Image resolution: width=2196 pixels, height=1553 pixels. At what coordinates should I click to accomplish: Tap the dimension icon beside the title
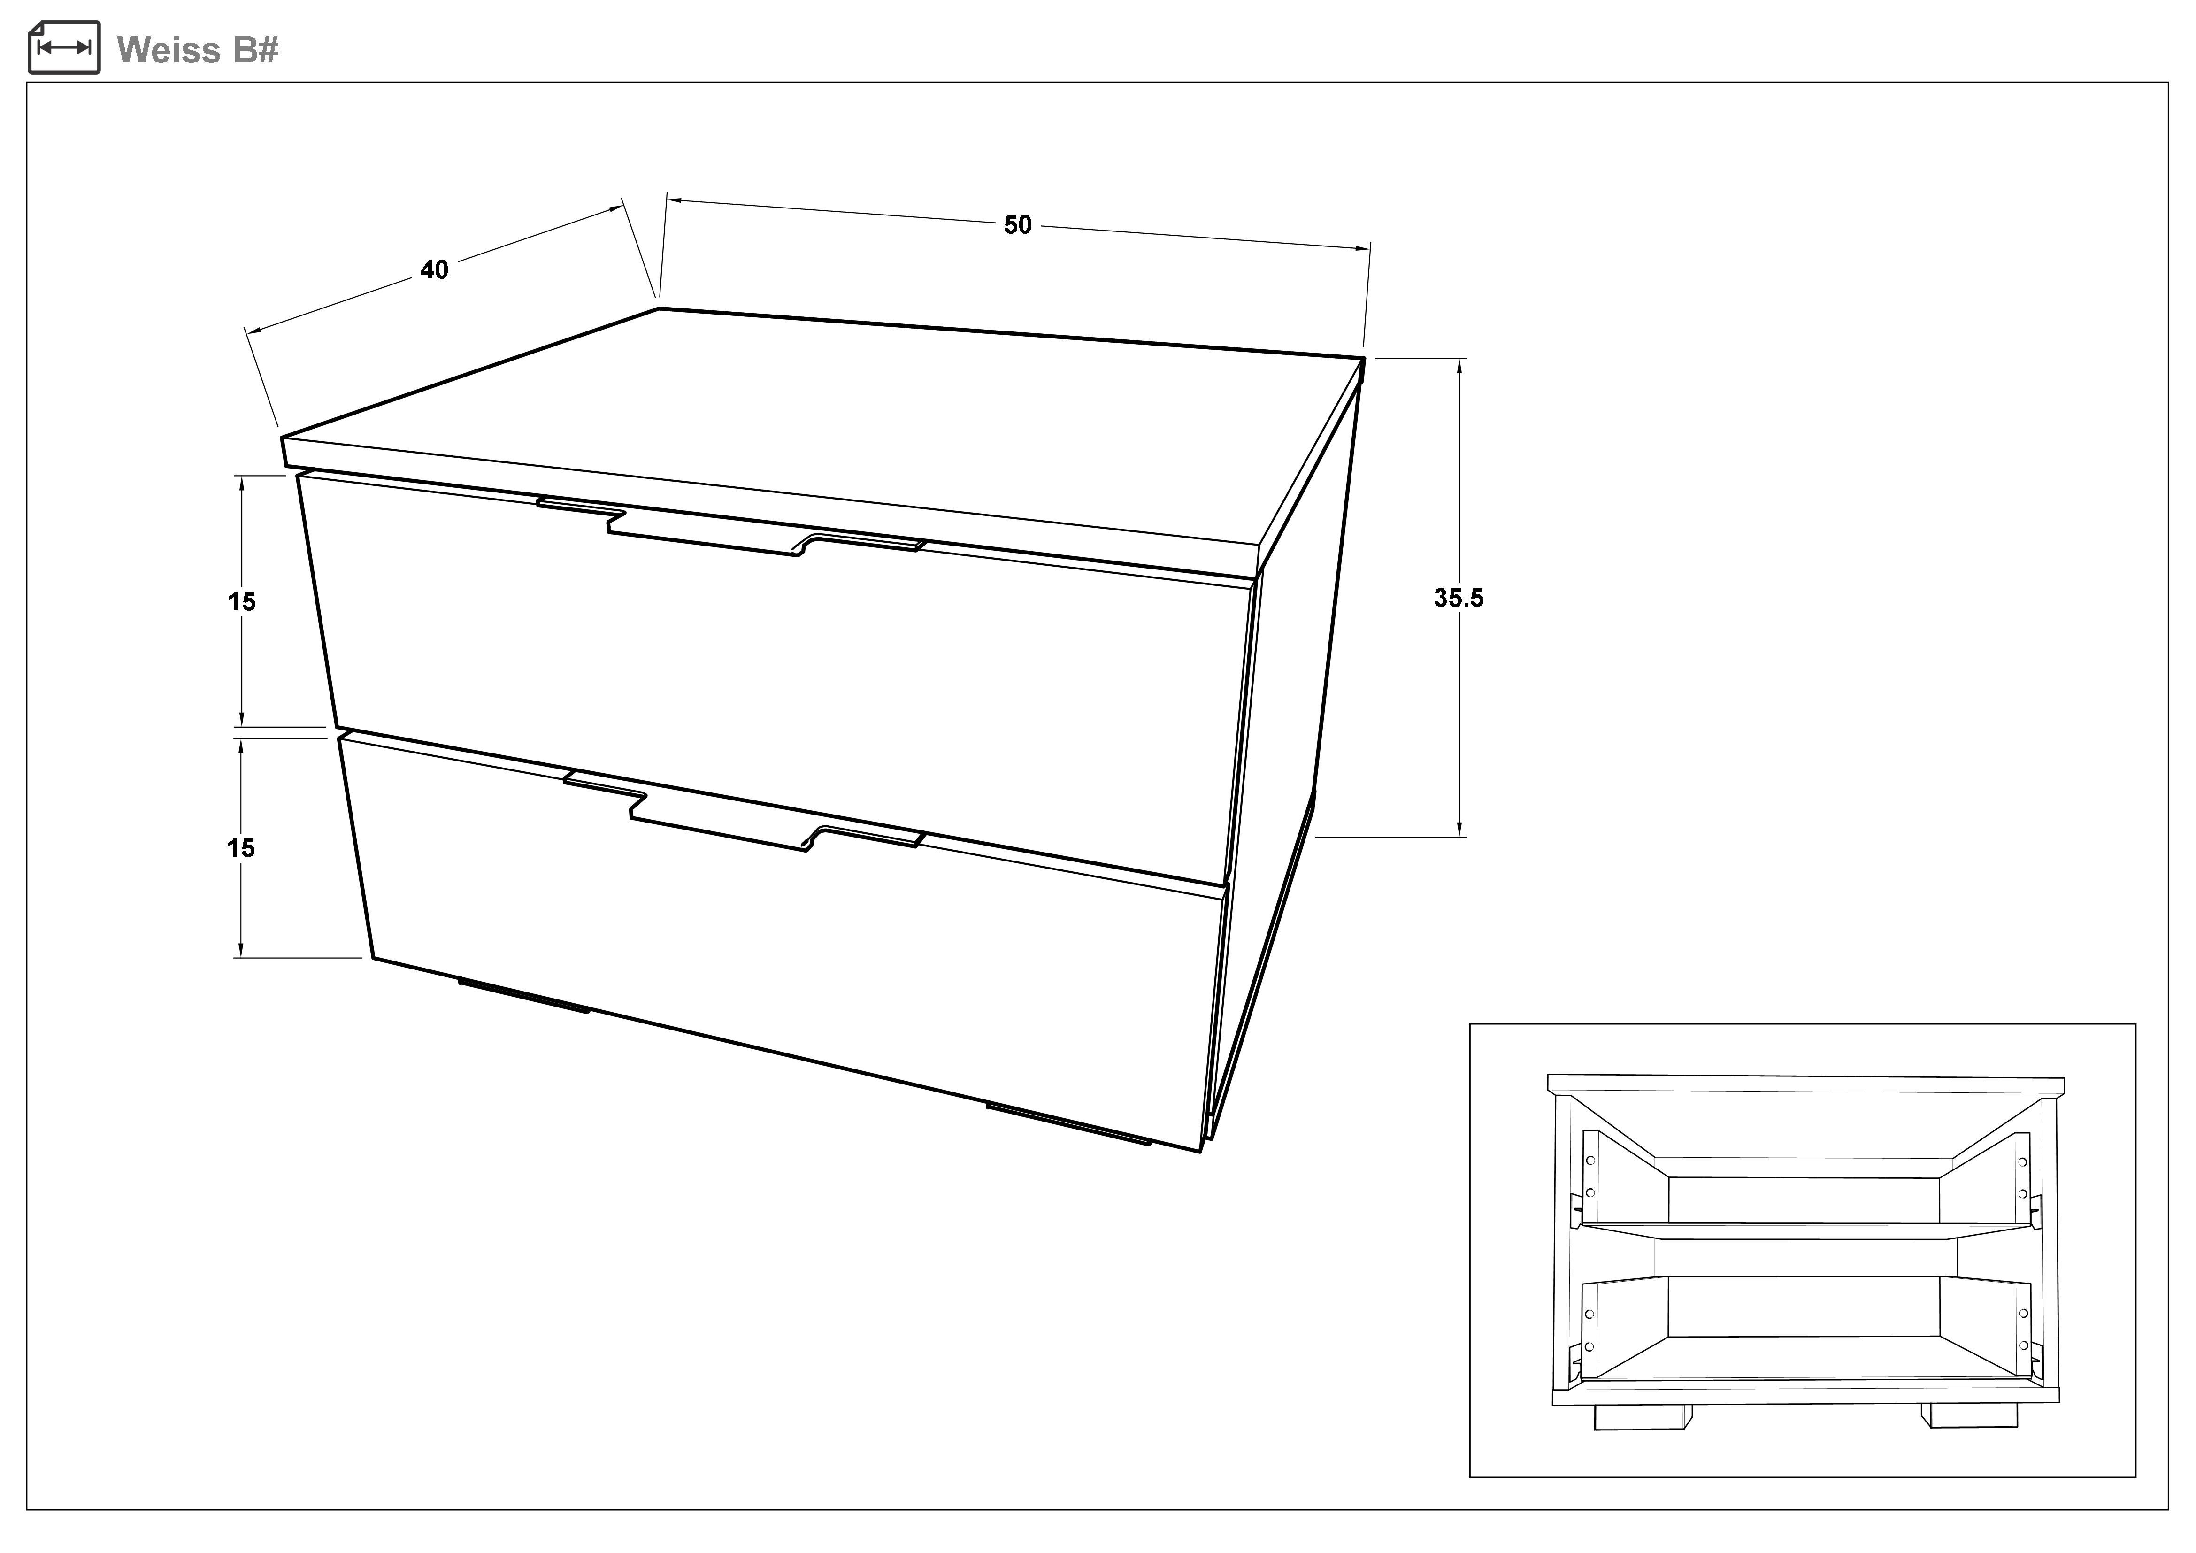click(x=64, y=47)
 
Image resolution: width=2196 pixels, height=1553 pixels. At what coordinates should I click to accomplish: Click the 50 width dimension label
click(x=1018, y=225)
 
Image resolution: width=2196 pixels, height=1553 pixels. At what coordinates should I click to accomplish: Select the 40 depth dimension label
click(x=434, y=269)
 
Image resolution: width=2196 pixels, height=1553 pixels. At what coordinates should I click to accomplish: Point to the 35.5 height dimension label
click(x=1459, y=598)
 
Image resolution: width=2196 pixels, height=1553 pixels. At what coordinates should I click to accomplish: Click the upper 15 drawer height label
click(x=242, y=601)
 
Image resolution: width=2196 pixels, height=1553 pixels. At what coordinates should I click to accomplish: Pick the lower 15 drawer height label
click(x=241, y=848)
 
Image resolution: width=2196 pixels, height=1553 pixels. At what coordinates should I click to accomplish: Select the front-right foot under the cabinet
click(x=1068, y=1123)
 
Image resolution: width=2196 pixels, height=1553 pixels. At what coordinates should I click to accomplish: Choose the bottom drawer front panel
click(x=784, y=942)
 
